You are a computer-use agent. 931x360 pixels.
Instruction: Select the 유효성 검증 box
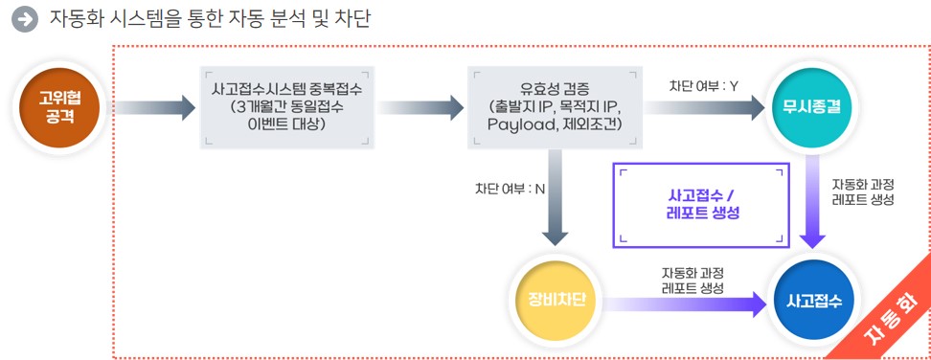pyautogui.click(x=554, y=106)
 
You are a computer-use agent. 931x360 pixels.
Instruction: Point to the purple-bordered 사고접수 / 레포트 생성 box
pyautogui.click(x=703, y=206)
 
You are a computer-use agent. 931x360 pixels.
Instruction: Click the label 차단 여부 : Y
pyautogui.click(x=704, y=85)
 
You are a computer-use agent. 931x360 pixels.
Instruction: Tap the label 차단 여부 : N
pyautogui.click(x=510, y=188)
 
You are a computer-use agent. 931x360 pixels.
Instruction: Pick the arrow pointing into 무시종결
pyautogui.click(x=704, y=107)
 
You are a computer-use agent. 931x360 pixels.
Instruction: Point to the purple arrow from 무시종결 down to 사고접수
pyautogui.click(x=813, y=206)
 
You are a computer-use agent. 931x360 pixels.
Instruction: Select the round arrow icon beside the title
pyautogui.click(x=26, y=18)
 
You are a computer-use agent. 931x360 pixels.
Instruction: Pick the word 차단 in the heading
pyautogui.click(x=352, y=18)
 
